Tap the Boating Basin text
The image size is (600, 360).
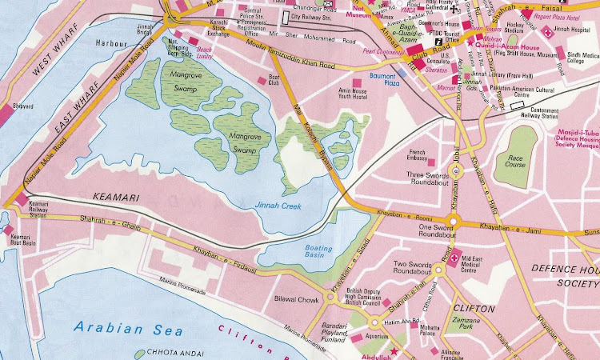click(318, 252)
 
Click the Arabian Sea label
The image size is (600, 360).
click(127, 327)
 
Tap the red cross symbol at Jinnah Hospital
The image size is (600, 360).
click(547, 32)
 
